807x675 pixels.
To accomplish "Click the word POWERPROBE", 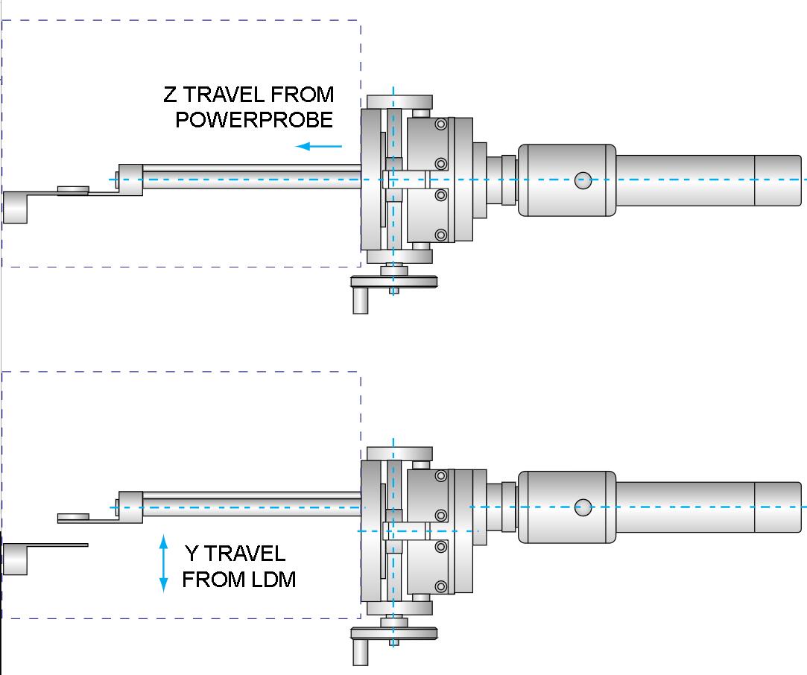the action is tap(254, 119).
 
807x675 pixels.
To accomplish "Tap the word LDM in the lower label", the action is tap(273, 580).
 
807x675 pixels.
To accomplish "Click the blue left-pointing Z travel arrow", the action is tap(319, 146).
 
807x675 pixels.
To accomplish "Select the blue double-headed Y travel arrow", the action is tap(164, 563).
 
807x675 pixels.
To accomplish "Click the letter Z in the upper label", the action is tap(171, 94).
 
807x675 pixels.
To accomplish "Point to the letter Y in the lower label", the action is tap(192, 554).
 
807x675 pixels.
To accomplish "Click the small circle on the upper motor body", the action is tap(583, 180).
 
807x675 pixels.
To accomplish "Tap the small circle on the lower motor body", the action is tap(583, 507).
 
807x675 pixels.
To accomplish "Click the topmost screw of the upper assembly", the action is tap(441, 124).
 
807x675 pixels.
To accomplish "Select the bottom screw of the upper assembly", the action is tap(441, 235).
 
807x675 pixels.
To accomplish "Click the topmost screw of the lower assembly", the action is tap(441, 476).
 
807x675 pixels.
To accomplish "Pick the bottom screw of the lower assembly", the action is tap(441, 586).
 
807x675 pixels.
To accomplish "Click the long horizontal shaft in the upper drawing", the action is tap(252, 177).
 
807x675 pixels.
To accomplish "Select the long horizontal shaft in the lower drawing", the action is tap(252, 504).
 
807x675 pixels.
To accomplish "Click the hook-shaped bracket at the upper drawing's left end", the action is tap(16, 207).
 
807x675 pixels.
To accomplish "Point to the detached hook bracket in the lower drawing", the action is tap(16, 559).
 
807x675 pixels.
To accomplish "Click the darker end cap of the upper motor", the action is tap(778, 180).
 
